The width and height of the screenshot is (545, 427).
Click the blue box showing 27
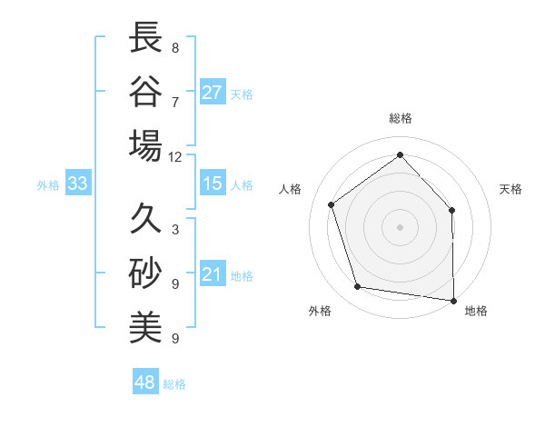(x=213, y=93)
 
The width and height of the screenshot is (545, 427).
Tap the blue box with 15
(x=213, y=184)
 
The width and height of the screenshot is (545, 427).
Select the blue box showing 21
(x=213, y=274)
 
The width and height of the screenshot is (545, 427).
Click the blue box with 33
(x=77, y=184)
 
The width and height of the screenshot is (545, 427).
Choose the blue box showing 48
(x=144, y=382)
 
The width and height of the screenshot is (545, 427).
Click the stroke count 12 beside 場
(x=174, y=156)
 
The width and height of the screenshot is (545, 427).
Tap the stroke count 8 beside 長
(x=175, y=47)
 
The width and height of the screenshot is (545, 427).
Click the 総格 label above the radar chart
(x=401, y=118)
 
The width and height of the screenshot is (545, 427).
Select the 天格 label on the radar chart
(x=511, y=189)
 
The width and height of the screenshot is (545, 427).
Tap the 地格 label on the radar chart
(x=476, y=311)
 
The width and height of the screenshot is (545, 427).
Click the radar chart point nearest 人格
(x=332, y=205)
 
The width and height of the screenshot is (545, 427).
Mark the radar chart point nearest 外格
(x=358, y=287)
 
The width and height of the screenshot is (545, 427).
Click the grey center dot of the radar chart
(x=401, y=226)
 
